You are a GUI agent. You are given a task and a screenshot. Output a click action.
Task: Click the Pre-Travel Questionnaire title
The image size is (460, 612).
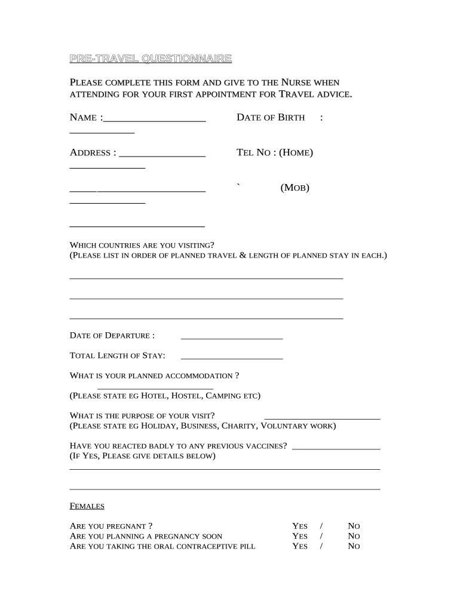(151, 59)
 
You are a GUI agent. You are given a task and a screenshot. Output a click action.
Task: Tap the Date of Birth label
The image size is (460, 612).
(271, 118)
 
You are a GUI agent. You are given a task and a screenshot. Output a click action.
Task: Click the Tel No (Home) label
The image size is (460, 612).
(275, 153)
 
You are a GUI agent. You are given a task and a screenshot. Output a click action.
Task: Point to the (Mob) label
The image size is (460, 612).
(295, 188)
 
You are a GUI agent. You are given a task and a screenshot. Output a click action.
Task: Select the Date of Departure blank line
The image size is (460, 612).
(231, 338)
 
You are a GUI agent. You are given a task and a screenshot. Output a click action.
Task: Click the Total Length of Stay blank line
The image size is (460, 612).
(231, 358)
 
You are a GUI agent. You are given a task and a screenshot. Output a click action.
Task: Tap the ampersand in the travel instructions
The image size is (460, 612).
(243, 255)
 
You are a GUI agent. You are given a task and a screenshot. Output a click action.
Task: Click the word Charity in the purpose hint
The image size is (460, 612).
(239, 426)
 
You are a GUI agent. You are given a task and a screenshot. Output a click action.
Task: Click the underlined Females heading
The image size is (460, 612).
(87, 506)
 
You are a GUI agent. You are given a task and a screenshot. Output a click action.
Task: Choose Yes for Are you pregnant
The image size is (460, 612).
(299, 526)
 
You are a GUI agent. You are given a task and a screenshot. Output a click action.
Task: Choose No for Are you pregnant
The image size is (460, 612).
(354, 526)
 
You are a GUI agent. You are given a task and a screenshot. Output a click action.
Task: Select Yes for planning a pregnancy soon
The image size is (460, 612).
(299, 536)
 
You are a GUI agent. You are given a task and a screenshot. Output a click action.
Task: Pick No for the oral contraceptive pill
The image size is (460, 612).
(354, 546)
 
